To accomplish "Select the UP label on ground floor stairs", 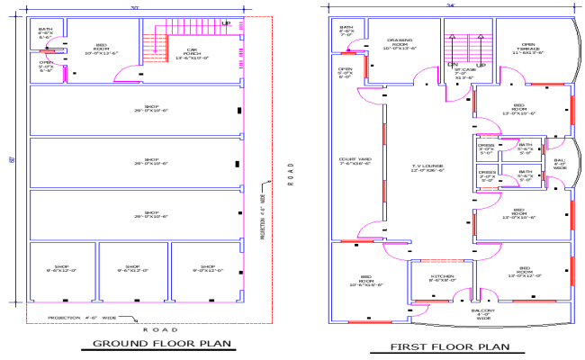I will (226, 22).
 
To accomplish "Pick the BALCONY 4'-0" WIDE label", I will (483, 314).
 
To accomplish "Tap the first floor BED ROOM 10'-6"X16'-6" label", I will (366, 280).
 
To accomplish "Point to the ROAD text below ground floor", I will (153, 331).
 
